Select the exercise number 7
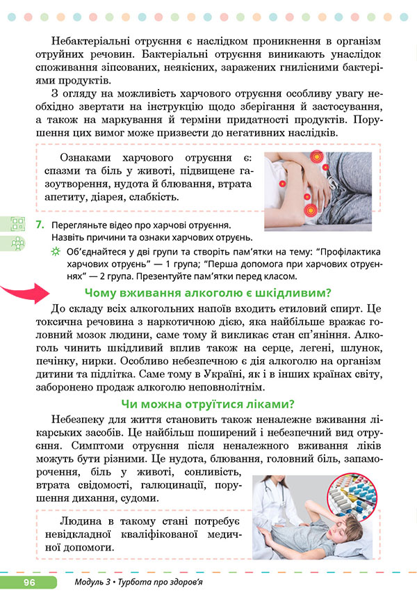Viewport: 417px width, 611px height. (x=41, y=225)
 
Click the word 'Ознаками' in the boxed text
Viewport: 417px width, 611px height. (x=86, y=158)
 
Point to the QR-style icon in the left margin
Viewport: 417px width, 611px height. (x=17, y=224)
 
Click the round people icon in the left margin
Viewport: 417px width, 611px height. (x=17, y=243)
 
